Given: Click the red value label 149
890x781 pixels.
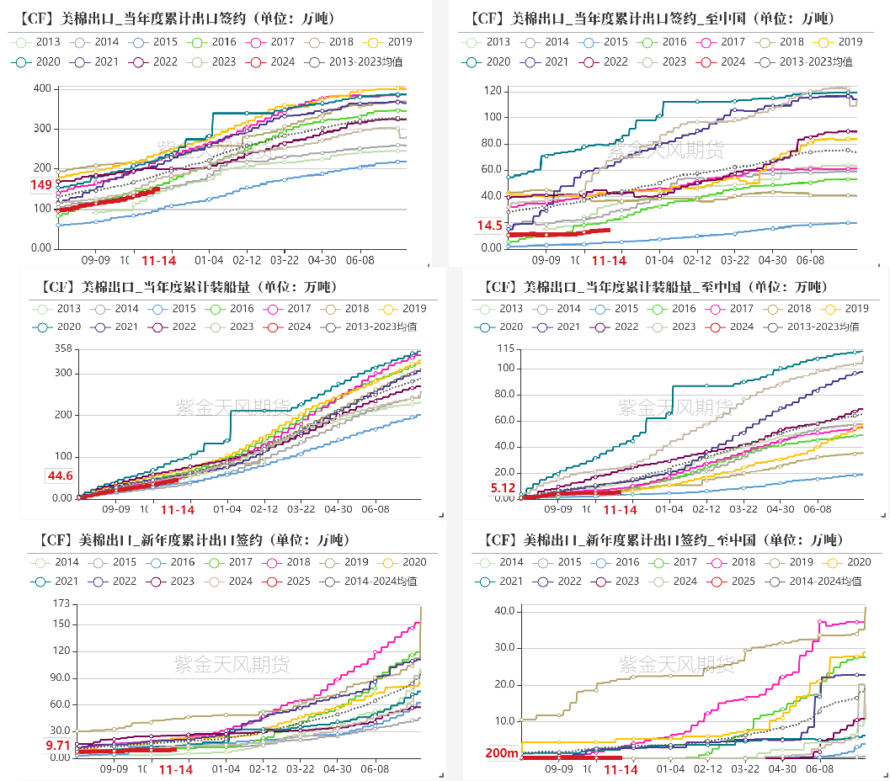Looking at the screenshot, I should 41,185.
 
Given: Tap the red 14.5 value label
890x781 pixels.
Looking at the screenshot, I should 489,226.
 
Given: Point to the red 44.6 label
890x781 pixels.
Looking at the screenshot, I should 60,476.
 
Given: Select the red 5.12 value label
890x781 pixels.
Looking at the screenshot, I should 503,488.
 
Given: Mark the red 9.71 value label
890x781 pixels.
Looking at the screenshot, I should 58,746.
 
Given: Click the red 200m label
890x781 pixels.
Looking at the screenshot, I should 502,753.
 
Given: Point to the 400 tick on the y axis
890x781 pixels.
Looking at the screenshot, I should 40,89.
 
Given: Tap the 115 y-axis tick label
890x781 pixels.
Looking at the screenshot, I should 505,348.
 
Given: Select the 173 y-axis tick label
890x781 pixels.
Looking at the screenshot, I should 61,603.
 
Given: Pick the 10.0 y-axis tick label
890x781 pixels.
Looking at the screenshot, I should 504,721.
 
